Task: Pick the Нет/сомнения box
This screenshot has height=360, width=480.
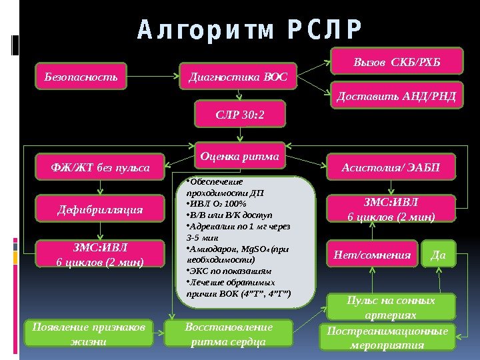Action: click(372, 254)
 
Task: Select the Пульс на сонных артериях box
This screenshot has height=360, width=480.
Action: click(391, 307)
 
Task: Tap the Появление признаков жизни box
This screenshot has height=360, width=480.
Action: click(90, 335)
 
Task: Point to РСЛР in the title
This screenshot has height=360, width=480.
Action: click(325, 30)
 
